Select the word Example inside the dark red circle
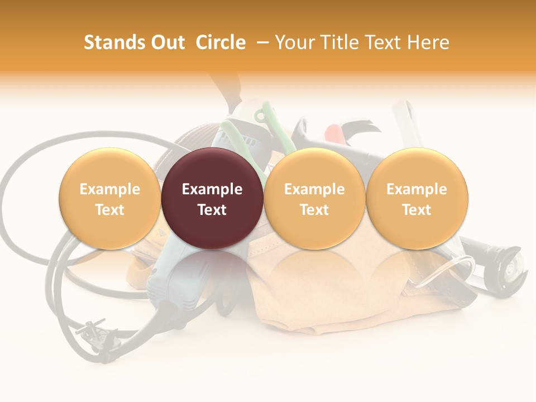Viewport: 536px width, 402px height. coord(212,189)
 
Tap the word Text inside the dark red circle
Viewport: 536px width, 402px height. coord(212,210)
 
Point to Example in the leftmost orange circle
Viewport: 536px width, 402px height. coord(110,189)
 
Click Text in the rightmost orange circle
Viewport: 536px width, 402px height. coord(417,210)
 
